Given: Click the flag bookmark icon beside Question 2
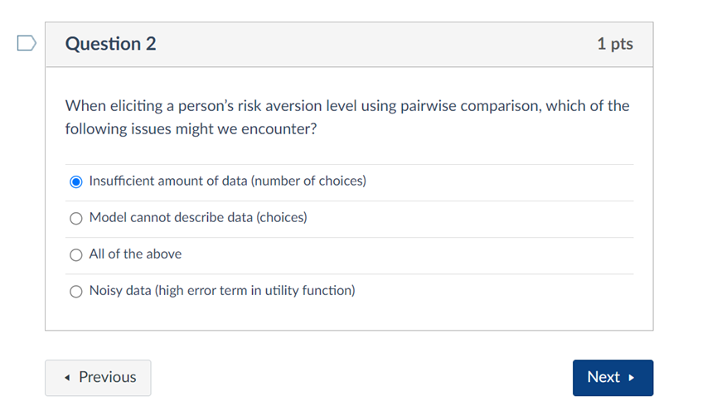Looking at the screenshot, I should click(26, 43).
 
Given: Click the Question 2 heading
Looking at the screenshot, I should click(110, 44).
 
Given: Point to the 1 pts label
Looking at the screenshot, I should click(614, 44).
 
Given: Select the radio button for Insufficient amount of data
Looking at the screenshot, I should click(76, 181).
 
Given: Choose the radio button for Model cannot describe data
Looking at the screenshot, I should click(76, 218).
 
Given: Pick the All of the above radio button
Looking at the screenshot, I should click(76, 254).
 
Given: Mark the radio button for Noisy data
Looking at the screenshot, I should click(76, 291).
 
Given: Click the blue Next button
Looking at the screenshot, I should click(612, 377).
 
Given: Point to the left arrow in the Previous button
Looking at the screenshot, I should click(67, 378).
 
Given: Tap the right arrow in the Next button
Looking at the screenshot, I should click(632, 378).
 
